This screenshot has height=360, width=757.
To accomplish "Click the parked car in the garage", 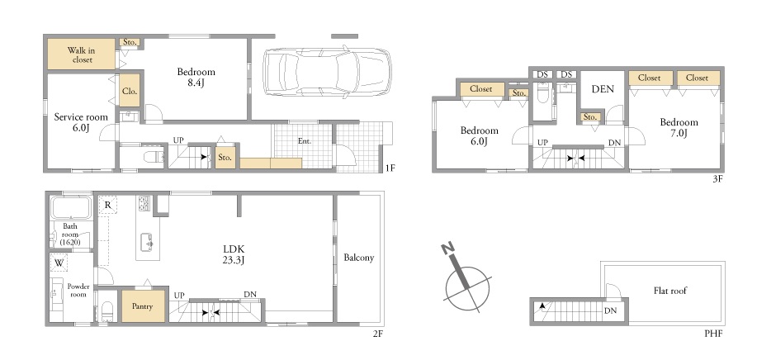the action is (327, 72).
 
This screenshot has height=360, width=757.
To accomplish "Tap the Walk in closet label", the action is (81, 54).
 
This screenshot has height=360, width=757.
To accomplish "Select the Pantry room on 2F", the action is (143, 306).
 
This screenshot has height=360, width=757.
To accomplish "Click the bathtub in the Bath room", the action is (71, 207).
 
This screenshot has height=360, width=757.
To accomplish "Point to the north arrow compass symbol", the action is (466, 282).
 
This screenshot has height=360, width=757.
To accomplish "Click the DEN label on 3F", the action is (603, 89).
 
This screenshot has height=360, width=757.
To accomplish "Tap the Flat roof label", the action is (670, 291).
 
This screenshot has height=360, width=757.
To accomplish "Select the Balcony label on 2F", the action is (359, 258).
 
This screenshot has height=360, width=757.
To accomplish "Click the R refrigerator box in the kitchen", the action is (107, 205).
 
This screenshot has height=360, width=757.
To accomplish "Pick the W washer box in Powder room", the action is (59, 263).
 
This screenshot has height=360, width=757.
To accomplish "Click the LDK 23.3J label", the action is (234, 255).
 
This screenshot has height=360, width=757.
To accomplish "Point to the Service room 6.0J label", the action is (81, 122).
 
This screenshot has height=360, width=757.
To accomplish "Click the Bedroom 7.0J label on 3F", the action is (679, 128).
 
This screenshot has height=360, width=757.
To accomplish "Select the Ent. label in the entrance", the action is (304, 141).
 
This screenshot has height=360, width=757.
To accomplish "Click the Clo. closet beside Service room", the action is (130, 90).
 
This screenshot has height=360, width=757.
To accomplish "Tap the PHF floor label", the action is (713, 334).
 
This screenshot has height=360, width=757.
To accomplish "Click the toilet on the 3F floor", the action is (543, 92).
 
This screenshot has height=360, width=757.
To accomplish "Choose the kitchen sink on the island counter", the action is (146, 242).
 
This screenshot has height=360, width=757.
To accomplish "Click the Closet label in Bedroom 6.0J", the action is (480, 89).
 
